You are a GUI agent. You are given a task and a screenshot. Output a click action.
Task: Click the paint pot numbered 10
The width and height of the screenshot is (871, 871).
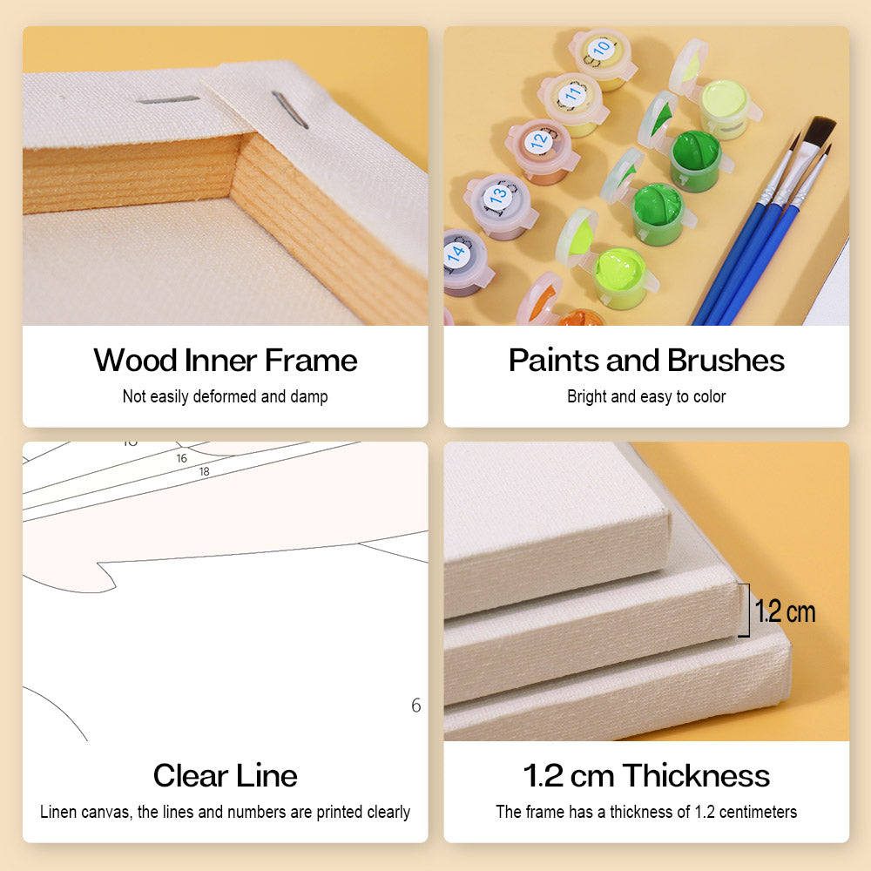tap(602, 58)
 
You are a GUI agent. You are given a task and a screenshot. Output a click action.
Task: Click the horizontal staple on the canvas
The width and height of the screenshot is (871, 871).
tap(168, 99)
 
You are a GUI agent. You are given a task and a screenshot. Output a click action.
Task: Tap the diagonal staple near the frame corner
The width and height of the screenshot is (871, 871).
tap(290, 110)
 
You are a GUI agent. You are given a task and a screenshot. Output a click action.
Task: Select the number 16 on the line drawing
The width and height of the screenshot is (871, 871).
tap(182, 458)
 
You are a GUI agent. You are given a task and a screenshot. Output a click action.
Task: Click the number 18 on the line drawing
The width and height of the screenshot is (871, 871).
tap(205, 471)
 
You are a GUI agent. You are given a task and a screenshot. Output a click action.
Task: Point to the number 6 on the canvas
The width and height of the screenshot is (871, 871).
tap(416, 706)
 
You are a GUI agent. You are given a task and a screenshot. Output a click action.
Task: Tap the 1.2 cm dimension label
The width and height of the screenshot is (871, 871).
tap(785, 611)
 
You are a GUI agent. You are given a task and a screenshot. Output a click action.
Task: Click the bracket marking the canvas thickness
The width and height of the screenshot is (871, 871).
tap(747, 610)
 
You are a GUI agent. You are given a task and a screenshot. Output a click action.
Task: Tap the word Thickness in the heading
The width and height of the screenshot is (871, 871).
tap(696, 775)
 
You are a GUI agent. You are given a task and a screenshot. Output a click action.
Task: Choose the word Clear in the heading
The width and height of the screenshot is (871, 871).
tap(188, 775)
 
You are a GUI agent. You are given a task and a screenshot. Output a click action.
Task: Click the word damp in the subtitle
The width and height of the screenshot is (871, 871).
tap(309, 396)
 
